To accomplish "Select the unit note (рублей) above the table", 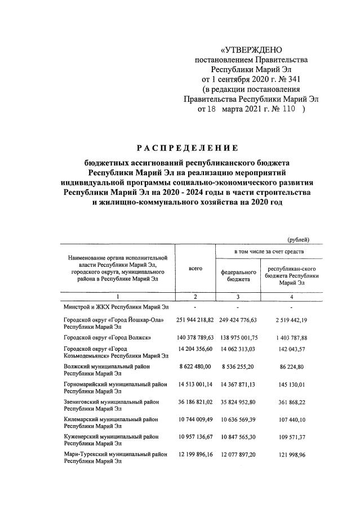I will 299,240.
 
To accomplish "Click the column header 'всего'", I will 195,269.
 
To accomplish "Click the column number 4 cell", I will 291,297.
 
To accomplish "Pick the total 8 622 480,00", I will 195,367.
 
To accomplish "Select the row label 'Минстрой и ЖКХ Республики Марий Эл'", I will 115,308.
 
